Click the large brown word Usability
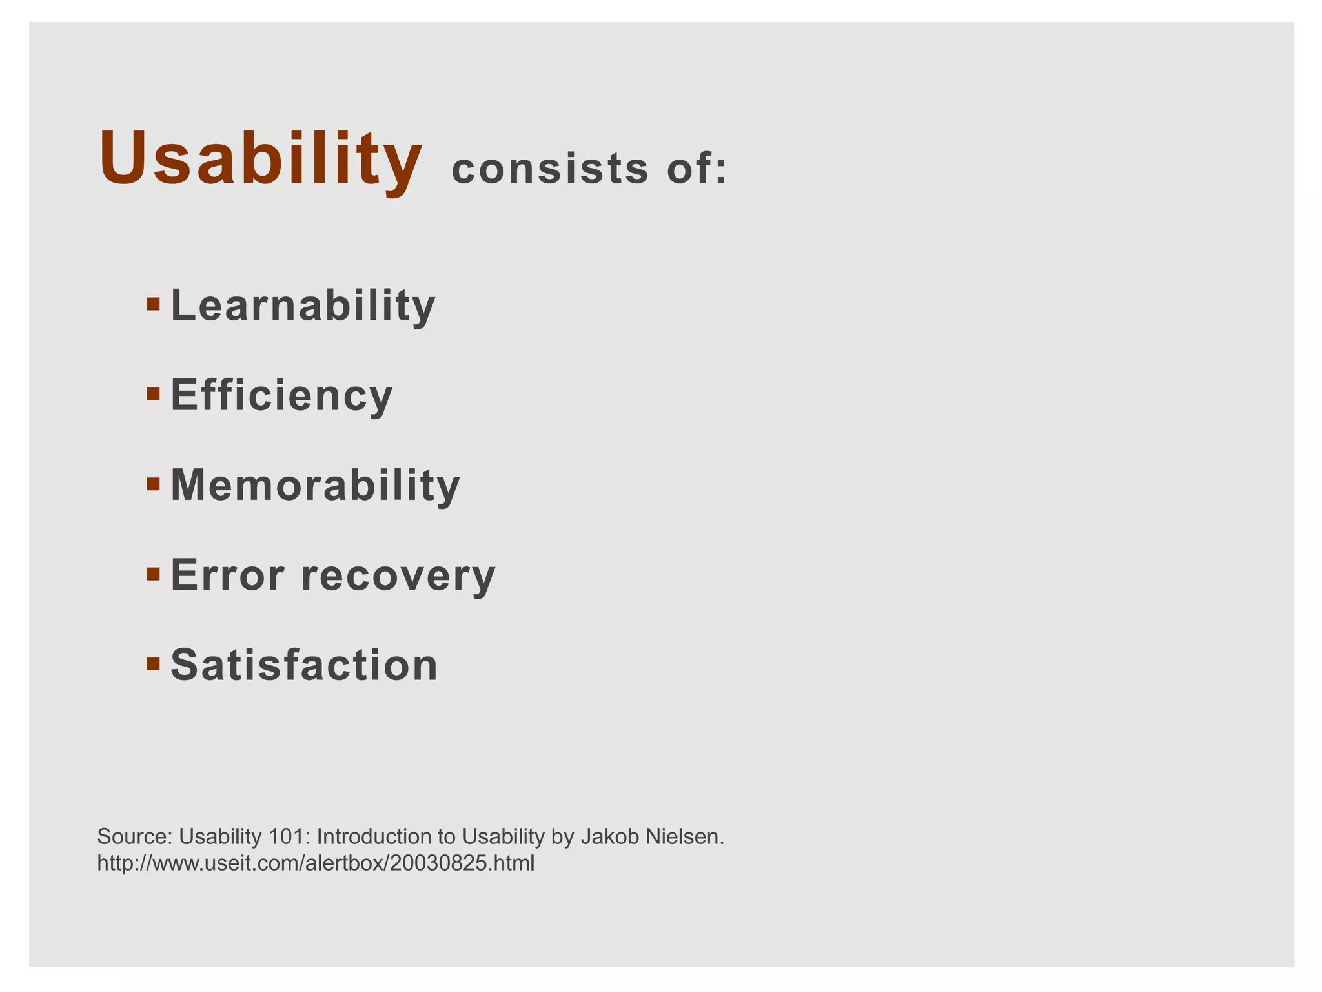click(260, 160)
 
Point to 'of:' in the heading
click(697, 169)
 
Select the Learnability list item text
click(303, 305)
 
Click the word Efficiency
click(281, 395)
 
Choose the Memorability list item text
click(315, 485)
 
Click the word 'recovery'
click(398, 576)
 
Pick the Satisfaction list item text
click(304, 665)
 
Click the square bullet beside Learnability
click(153, 304)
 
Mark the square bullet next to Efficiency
click(153, 394)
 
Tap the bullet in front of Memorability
click(153, 484)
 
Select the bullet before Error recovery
click(153, 573)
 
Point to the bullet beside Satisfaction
click(153, 663)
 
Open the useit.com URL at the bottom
click(316, 863)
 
